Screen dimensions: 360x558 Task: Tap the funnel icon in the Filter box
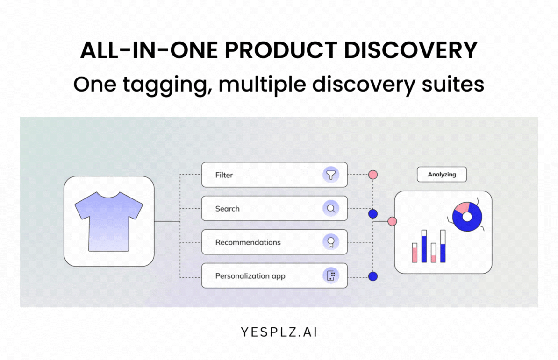[331, 175]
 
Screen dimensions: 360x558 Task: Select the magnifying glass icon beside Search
[331, 209]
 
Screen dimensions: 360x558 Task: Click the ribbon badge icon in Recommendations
[331, 242]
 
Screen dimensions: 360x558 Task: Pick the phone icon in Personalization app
[331, 276]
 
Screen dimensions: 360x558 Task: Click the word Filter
[224, 175]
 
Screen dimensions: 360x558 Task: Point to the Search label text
[227, 209]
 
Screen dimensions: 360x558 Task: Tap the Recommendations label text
[248, 242]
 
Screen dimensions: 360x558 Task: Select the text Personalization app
[250, 276]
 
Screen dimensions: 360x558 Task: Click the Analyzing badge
[442, 175]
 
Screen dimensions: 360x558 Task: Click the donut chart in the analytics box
[467, 217]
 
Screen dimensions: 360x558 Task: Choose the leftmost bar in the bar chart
[415, 253]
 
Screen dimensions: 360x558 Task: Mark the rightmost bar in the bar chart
[443, 246]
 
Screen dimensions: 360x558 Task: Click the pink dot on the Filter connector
[372, 175]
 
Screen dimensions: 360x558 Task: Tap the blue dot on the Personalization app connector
[372, 276]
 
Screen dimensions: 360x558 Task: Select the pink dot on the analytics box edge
[392, 221]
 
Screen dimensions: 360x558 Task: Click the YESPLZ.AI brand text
[279, 332]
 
